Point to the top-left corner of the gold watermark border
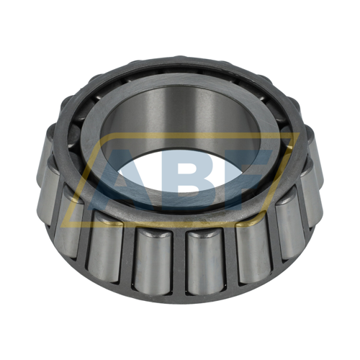(x=105, y=135)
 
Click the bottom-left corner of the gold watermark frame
(x=63, y=225)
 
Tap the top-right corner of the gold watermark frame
(x=298, y=135)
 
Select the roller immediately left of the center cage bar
(x=153, y=261)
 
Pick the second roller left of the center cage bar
(x=105, y=247)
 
